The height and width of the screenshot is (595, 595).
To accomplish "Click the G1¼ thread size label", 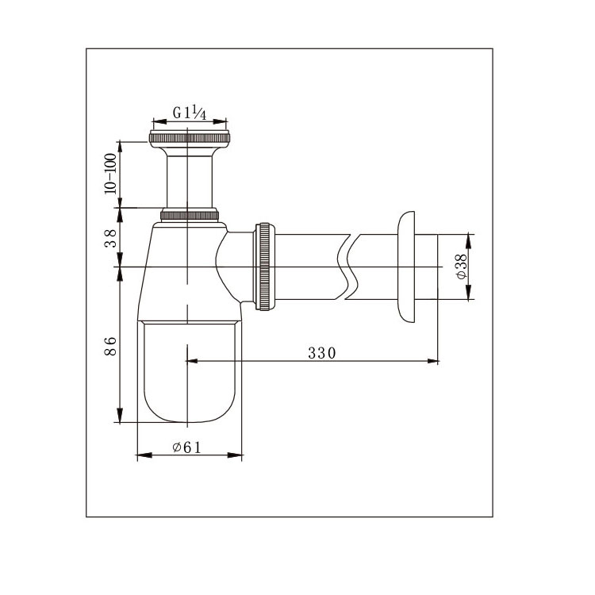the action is pos(190,113).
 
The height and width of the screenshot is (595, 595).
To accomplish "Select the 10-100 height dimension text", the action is pos(110,174).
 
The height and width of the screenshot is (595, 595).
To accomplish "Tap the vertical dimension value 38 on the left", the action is pos(110,238).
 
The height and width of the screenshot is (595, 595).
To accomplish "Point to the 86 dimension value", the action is pos(110,346).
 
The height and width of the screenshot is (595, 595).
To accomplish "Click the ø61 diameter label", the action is pos(186,447).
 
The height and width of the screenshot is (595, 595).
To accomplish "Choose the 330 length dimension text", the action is pos(322,353).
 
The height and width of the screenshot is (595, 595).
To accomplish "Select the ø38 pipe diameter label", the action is pos(462,267).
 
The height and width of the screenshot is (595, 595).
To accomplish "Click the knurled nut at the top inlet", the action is pos(190,139).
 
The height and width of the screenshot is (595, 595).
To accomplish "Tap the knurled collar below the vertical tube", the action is pos(190,215).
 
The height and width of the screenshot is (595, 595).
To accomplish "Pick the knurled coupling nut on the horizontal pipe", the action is pos(264,267).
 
